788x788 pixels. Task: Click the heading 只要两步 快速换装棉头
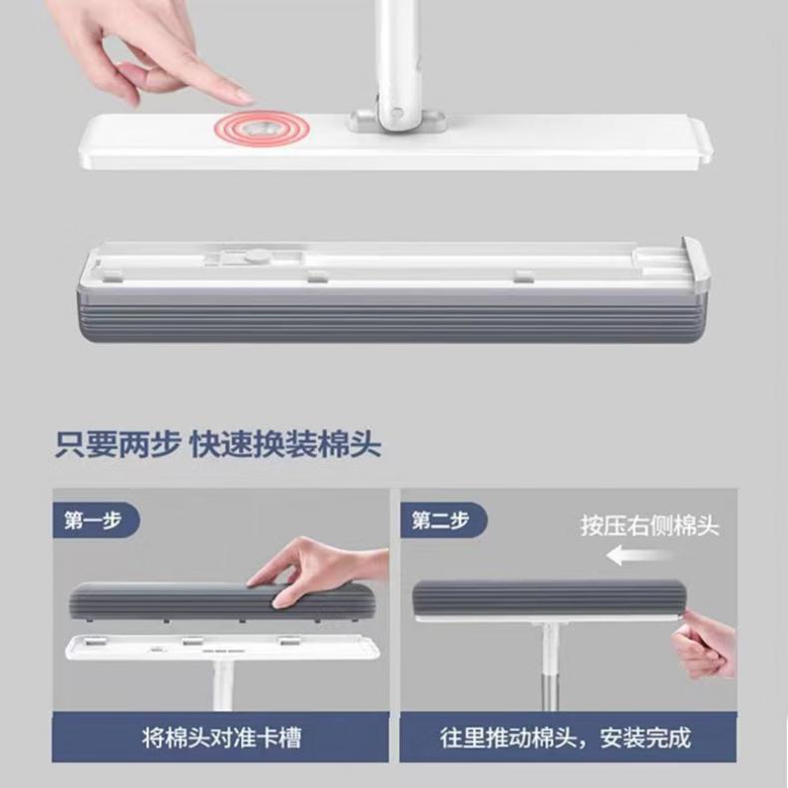click(x=218, y=444)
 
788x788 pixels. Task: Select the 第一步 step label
click(x=94, y=520)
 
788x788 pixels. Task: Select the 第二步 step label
click(x=441, y=520)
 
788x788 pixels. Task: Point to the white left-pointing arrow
click(x=639, y=556)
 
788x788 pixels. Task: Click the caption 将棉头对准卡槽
click(x=221, y=738)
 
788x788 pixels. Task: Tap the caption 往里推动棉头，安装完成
click(x=566, y=738)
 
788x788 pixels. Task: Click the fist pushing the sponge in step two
click(x=703, y=646)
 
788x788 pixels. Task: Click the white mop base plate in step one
click(x=222, y=647)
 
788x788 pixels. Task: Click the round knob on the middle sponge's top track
click(x=256, y=256)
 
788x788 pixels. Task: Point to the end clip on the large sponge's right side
click(x=694, y=263)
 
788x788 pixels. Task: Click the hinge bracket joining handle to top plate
click(x=397, y=121)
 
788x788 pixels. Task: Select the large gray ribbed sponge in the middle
click(x=395, y=314)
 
